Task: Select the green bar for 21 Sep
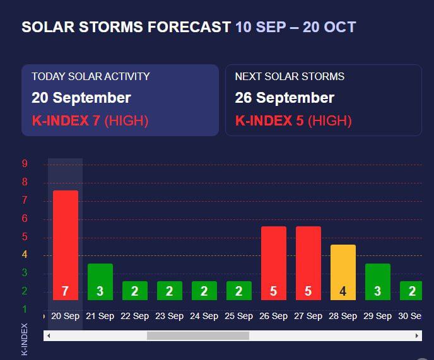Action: coord(100,281)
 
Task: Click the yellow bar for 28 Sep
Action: coord(343,272)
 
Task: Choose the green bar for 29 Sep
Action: coord(377,281)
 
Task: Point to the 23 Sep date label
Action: coord(169,316)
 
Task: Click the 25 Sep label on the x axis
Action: coord(238,316)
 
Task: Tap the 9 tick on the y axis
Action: coord(25,164)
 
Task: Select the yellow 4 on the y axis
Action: coord(25,255)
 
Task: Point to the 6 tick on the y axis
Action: coord(25,218)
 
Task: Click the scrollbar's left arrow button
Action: coord(49,335)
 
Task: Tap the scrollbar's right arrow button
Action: coord(417,335)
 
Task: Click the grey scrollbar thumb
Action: coord(198,335)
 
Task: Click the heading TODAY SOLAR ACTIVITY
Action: coord(91,76)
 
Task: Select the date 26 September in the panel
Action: coord(284,98)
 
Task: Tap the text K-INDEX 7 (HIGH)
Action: coord(90,120)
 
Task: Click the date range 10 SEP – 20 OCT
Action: coord(295,27)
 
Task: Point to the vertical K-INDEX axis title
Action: coord(25,339)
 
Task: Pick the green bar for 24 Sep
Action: coord(204,290)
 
